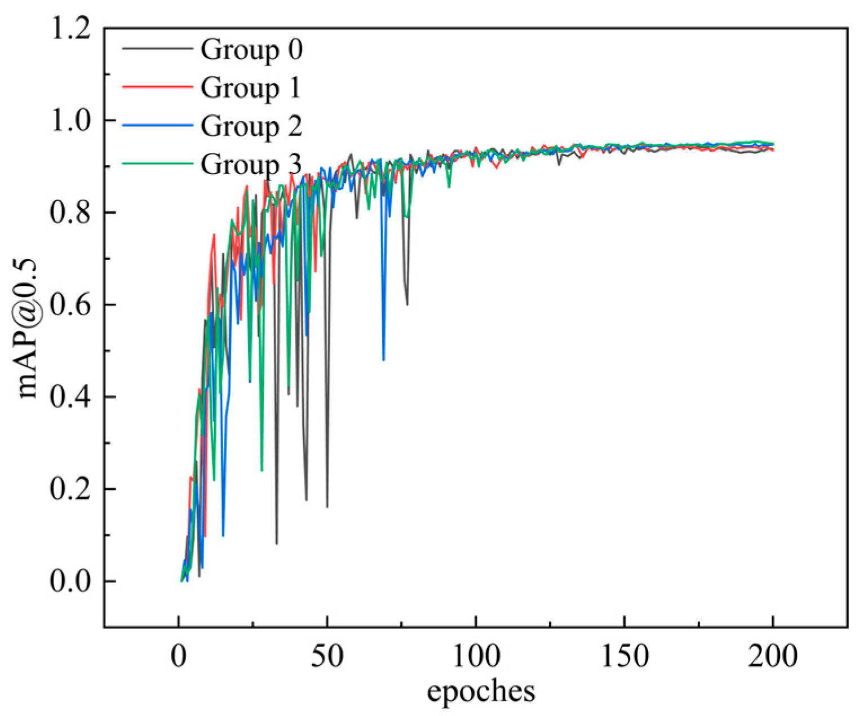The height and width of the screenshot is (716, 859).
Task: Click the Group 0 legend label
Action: (251, 50)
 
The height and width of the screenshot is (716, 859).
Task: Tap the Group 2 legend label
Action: (251, 126)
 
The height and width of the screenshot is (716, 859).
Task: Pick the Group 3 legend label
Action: (251, 164)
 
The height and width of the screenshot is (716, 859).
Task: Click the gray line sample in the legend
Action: (157, 49)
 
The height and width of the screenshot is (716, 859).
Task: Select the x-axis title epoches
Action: (481, 691)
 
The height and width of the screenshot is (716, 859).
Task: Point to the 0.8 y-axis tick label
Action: (70, 213)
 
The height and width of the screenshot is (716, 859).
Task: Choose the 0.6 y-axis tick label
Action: (70, 305)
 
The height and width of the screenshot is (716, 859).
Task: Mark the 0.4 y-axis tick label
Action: (70, 397)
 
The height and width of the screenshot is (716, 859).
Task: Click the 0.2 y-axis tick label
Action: (70, 489)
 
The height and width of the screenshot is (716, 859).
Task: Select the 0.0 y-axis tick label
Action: (70, 581)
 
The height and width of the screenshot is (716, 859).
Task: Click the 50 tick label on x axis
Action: (327, 657)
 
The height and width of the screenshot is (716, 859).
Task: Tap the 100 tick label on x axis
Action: (476, 657)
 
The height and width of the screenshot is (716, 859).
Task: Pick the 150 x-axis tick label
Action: (625, 657)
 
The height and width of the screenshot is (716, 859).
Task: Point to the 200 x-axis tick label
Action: (773, 657)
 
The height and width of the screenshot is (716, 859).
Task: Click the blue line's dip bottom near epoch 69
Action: (384, 360)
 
